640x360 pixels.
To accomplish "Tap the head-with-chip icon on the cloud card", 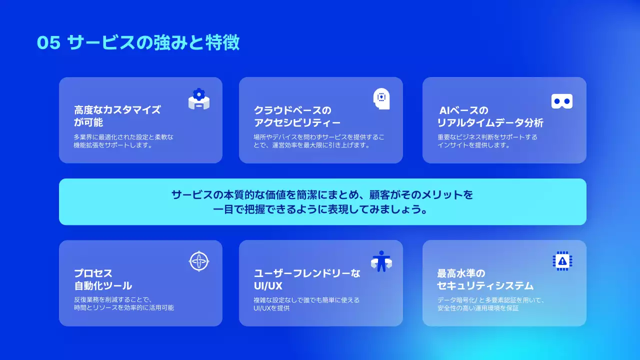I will click(x=381, y=98).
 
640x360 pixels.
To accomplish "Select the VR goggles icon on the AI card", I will click(x=562, y=101).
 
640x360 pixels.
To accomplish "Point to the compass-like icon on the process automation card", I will click(x=199, y=261).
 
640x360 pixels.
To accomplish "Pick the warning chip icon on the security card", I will click(x=562, y=261).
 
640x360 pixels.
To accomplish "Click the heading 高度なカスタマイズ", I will click(x=117, y=110).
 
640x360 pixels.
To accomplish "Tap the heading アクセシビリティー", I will click(x=297, y=123).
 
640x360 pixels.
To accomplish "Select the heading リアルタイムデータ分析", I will click(x=490, y=123).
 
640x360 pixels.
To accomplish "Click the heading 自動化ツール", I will click(x=103, y=286).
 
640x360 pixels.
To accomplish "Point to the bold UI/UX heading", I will click(x=268, y=286).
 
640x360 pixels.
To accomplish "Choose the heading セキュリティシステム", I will click(x=485, y=286).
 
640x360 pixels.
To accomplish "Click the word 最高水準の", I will click(x=461, y=273).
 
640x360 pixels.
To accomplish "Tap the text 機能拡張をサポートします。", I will click(x=112, y=145).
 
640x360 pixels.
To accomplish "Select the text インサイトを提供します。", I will click(x=473, y=145).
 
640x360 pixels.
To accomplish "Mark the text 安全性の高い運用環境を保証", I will click(x=478, y=308).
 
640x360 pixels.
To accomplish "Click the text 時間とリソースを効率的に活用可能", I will click(x=124, y=308).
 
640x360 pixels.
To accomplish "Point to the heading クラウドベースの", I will click(x=292, y=110).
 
